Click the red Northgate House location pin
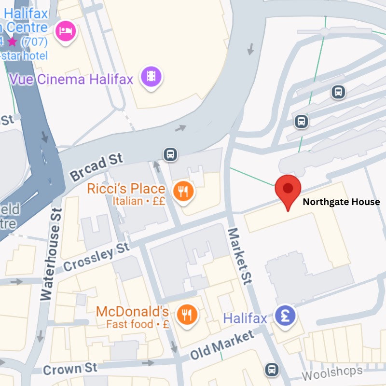[288, 189]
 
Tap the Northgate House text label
[341, 202]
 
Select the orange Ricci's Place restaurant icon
[184, 192]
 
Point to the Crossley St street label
[96, 258]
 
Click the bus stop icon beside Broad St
[170, 154]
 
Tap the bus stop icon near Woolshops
[272, 370]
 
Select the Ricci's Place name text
[126, 189]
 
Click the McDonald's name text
[132, 312]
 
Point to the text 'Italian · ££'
[139, 201]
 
